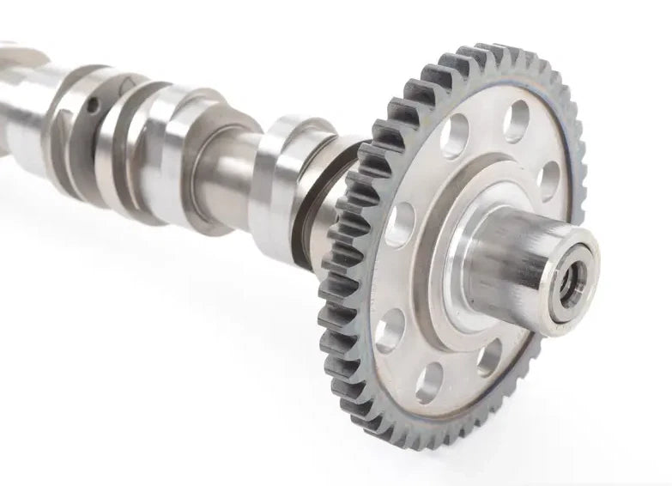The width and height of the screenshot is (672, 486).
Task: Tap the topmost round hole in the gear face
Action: click(516, 121)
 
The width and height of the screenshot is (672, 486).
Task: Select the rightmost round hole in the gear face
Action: click(548, 179)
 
